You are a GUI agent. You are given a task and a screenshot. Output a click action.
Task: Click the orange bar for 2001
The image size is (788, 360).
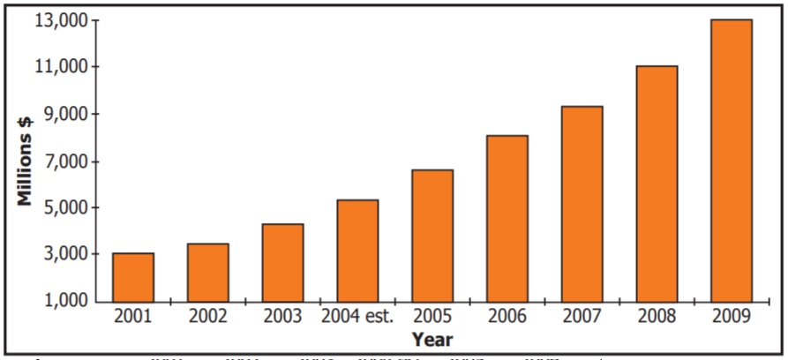133,277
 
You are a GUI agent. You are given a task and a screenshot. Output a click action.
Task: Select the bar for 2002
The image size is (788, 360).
207,273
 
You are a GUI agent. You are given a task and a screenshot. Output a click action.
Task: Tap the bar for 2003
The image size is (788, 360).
282,263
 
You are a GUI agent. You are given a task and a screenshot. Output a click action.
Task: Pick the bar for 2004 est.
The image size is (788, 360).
357,251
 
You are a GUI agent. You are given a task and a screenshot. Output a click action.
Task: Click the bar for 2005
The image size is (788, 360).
432,236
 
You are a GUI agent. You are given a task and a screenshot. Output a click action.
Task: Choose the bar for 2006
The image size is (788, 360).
507,219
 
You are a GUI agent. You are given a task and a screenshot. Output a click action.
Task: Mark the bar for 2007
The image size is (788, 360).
582,204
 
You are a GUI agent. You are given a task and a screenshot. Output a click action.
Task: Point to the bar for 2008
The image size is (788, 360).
657,184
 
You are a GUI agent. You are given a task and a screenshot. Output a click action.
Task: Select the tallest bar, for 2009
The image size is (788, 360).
731,161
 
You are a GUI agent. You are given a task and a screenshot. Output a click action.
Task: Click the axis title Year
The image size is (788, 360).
432,339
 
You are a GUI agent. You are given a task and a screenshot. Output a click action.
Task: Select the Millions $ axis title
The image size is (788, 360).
26,161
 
